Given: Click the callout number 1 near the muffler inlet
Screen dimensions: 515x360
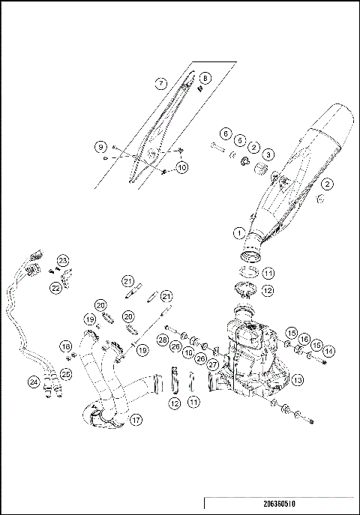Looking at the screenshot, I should tap(238, 232).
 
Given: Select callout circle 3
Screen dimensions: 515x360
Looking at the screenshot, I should tap(268, 154).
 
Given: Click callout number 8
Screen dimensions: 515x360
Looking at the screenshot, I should tap(205, 77).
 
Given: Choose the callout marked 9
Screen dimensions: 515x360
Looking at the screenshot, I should tap(100, 147).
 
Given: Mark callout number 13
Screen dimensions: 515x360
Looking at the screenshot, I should tap(298, 381).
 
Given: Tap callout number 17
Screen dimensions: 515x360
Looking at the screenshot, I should tap(136, 421).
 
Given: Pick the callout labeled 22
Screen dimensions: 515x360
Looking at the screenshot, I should tap(55, 287).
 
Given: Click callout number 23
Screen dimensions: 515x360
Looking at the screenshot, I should tap(63, 260).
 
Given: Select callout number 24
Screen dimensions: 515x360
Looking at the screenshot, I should tap(34, 382).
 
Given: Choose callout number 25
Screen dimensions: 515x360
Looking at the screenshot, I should tap(66, 373).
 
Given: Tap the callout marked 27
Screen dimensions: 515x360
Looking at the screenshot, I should tap(212, 364).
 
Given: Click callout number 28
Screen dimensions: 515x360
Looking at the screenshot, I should tap(161, 341).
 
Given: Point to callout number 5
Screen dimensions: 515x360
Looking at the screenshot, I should tap(240, 140).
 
